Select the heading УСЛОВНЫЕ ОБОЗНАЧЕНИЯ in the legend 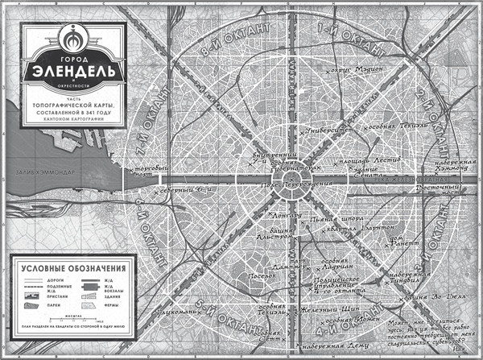pos(73,267)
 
